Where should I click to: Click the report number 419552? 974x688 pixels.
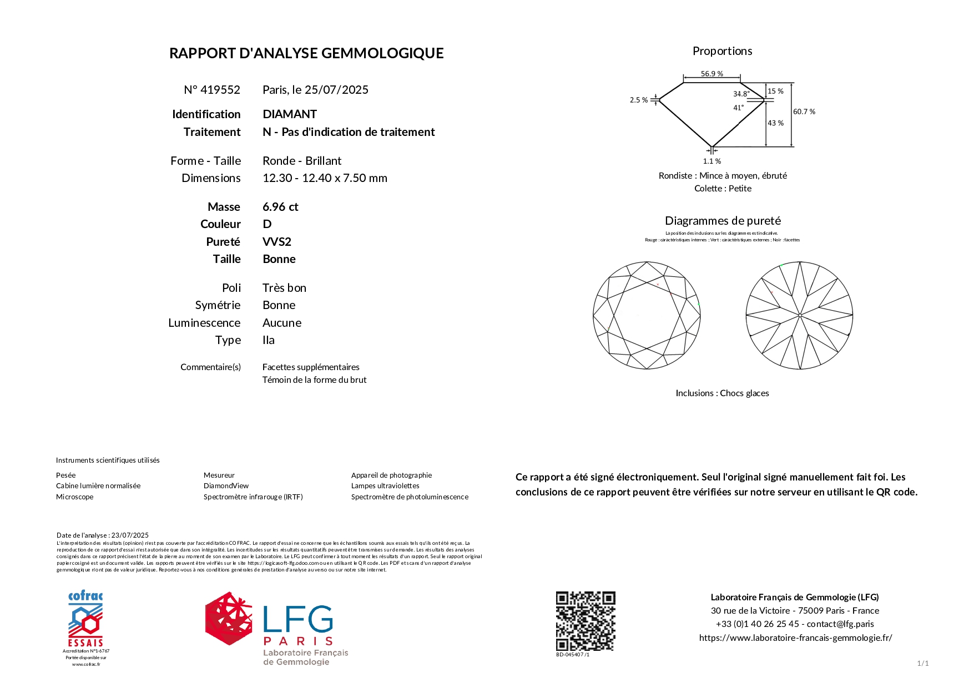click(x=220, y=90)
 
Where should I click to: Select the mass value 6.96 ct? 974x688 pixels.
click(x=280, y=207)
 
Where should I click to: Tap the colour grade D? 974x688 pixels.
click(x=267, y=224)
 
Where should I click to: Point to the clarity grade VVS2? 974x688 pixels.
click(x=276, y=242)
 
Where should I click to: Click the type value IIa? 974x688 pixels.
click(x=269, y=340)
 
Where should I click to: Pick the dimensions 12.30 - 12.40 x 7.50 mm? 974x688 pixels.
click(x=325, y=178)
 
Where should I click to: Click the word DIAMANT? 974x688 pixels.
click(x=290, y=114)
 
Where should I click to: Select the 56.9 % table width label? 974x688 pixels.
click(x=711, y=74)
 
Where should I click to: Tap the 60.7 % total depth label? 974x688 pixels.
click(x=804, y=112)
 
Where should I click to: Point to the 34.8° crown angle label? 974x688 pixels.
click(x=741, y=94)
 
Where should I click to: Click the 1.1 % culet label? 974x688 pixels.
click(x=711, y=161)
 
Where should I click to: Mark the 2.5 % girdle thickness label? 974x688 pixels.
click(x=638, y=100)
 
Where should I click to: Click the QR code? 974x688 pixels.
click(x=586, y=621)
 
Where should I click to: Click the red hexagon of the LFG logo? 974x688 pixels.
click(x=229, y=618)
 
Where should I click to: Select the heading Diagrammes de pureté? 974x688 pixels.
click(x=723, y=221)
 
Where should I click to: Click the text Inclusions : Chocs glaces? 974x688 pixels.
click(x=722, y=393)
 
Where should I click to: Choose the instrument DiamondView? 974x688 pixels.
click(x=226, y=486)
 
